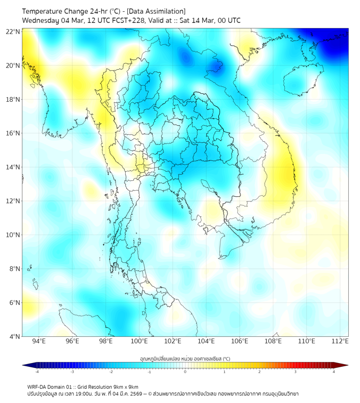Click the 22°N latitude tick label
pyautogui.click(x=13, y=31)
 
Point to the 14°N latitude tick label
pyautogui.click(x=13, y=167)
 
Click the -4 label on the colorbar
pyautogui.click(x=36, y=372)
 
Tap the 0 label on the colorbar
pyautogui.click(x=185, y=372)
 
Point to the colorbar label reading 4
pyautogui.click(x=334, y=372)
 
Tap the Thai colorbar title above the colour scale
pyautogui.click(x=185, y=359)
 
